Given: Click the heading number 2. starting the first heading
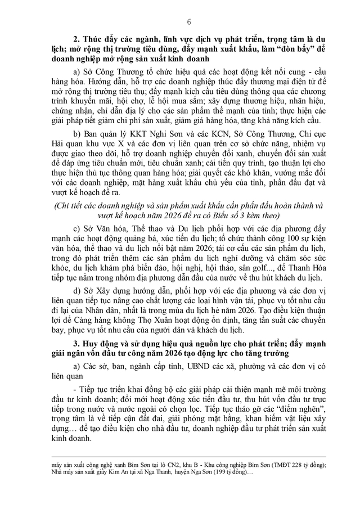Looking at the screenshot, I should (x=78, y=39).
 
